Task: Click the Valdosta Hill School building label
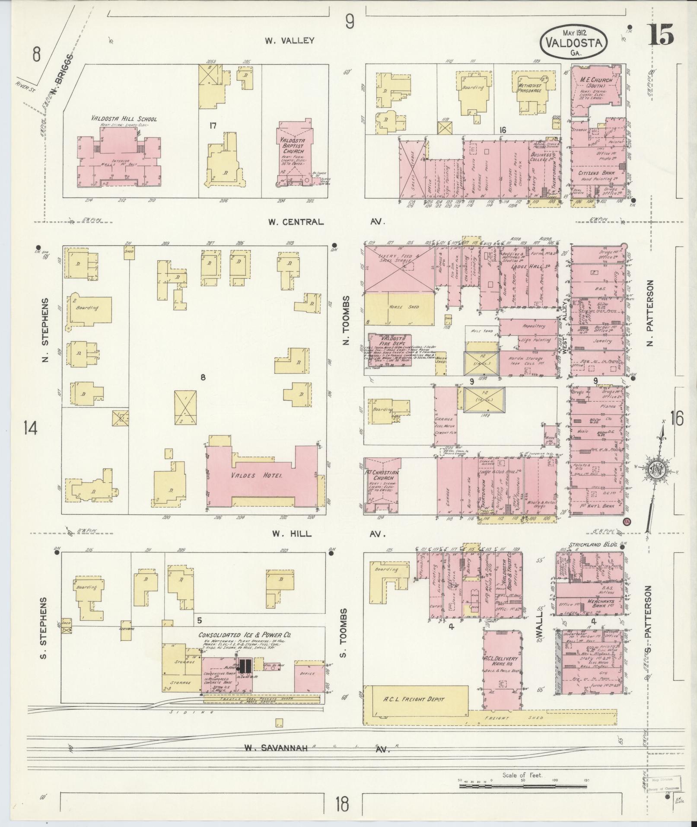point(124,119)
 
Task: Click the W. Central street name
point(295,222)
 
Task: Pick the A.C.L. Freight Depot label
point(414,699)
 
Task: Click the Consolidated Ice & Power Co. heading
point(244,635)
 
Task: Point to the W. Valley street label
point(290,41)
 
